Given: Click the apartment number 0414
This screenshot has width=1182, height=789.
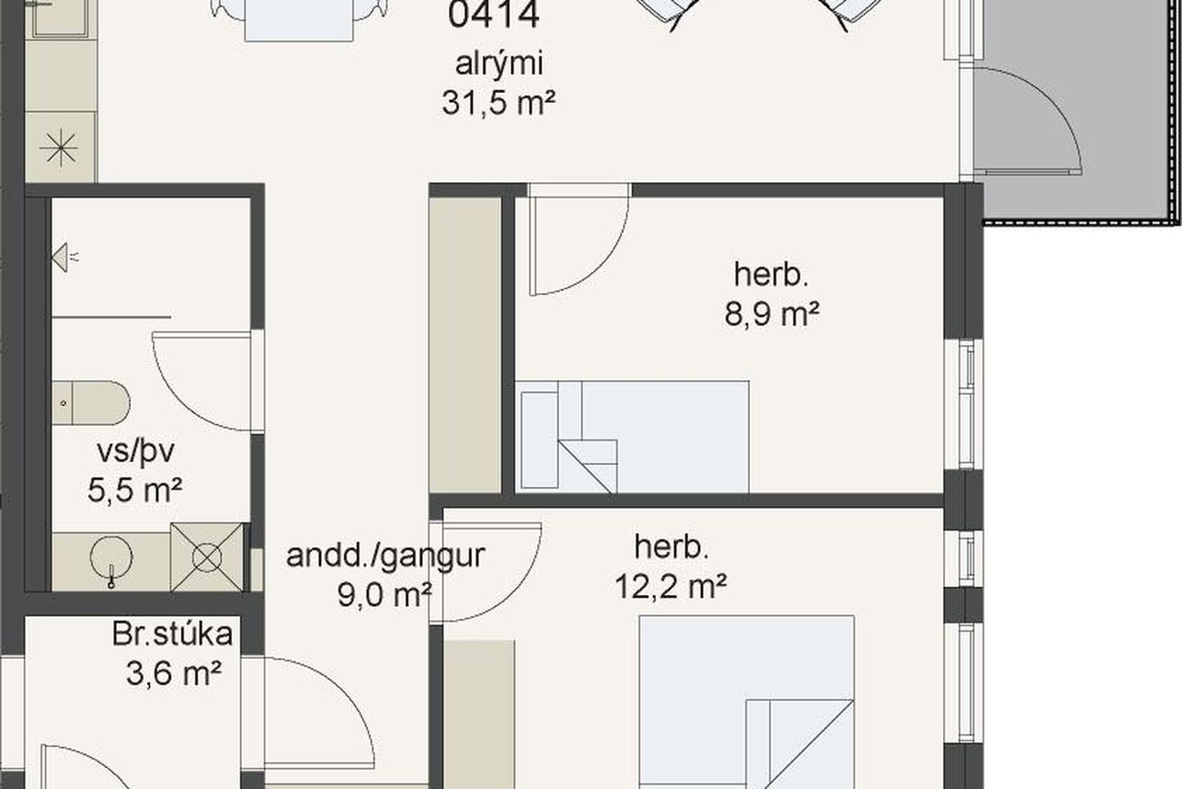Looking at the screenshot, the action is (494, 14).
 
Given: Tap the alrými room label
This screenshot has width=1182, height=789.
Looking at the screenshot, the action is (498, 65).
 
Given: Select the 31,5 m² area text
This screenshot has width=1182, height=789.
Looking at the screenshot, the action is (498, 103).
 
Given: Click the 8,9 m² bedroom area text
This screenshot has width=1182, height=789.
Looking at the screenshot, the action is (771, 314).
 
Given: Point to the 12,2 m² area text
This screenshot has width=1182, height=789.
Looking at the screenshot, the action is (671, 586).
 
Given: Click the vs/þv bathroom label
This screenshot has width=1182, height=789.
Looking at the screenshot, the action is (135, 452).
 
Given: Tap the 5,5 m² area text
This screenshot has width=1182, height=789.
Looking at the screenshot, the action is (135, 491).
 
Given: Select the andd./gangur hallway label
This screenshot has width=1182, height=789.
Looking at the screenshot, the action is (386, 555).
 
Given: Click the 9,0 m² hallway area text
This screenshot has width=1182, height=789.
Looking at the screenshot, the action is (385, 594).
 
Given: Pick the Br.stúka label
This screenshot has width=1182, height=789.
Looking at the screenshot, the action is (172, 633).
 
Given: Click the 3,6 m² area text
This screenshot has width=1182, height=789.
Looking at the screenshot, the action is (174, 673).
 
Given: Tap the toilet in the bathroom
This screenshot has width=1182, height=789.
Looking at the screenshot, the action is (91, 403).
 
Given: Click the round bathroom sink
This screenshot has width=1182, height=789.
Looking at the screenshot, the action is (111, 559).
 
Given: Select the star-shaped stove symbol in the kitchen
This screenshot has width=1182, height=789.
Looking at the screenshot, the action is (59, 147).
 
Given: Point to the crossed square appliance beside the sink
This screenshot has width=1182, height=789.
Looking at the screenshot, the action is (207, 557).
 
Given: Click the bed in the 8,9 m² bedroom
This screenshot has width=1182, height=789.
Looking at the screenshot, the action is (632, 437).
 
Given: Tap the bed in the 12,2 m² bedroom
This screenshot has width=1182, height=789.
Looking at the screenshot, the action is (746, 702).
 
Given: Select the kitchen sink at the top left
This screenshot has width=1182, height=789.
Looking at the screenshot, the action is (60, 18).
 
